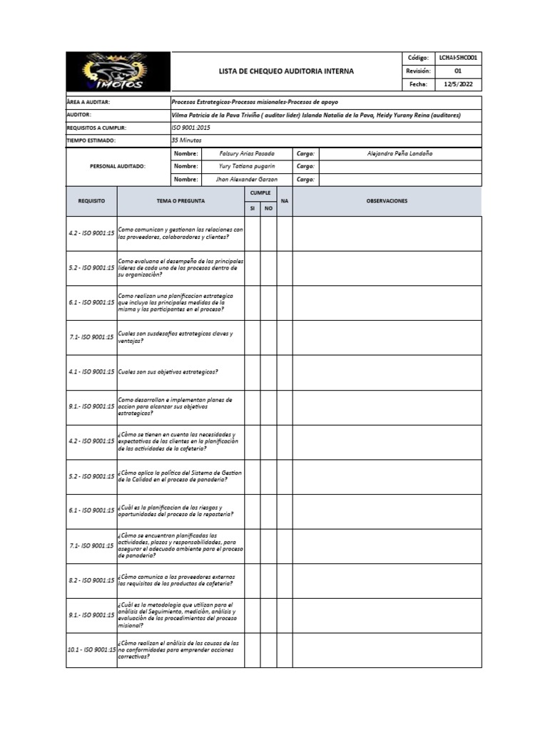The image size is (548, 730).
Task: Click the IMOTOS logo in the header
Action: pyautogui.click(x=118, y=72)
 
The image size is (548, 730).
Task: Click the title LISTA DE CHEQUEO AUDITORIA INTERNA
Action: pyautogui.click(x=285, y=72)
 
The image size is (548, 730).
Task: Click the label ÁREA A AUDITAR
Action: pyautogui.click(x=88, y=102)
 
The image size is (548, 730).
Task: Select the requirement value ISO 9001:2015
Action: pyautogui.click(x=191, y=128)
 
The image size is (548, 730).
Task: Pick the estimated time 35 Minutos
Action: pyautogui.click(x=188, y=140)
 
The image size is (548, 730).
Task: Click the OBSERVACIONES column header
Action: pyautogui.click(x=387, y=201)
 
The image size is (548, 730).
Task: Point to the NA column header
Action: pyautogui.click(x=285, y=201)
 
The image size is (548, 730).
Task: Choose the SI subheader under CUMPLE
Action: pyautogui.click(x=252, y=208)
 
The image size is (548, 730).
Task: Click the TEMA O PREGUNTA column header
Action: pyautogui.click(x=181, y=201)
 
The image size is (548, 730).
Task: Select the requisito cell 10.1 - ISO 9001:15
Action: pyautogui.click(x=91, y=650)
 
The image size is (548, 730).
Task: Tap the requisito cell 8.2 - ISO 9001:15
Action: pyautogui.click(x=91, y=580)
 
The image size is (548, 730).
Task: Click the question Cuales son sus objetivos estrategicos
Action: pyautogui.click(x=168, y=371)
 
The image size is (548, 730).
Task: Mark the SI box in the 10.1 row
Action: pyautogui.click(x=252, y=650)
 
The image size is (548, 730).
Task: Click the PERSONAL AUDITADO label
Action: pyautogui.click(x=118, y=167)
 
